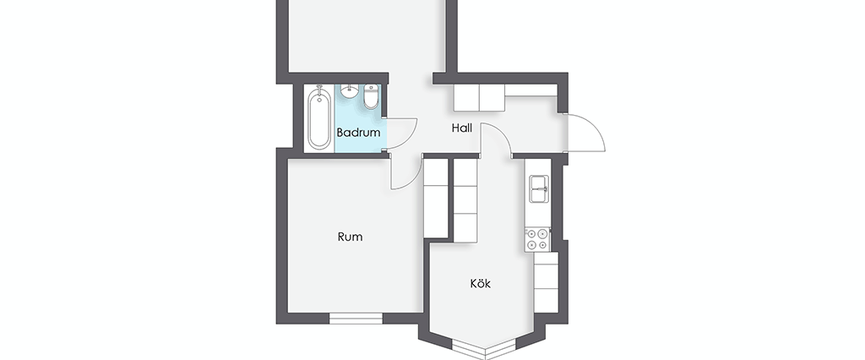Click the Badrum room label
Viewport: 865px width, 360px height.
[x=358, y=133]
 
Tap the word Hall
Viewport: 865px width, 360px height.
[x=462, y=128]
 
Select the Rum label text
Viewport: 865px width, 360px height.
[x=350, y=237]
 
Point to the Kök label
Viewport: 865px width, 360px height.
[x=480, y=283]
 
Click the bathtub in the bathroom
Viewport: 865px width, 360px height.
[x=319, y=117]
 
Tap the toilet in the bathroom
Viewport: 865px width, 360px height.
[x=372, y=96]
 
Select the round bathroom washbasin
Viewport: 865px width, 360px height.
[x=349, y=91]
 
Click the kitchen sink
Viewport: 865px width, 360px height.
[x=538, y=188]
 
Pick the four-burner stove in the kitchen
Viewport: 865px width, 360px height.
[x=537, y=239]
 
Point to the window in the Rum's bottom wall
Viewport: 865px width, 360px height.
[x=356, y=318]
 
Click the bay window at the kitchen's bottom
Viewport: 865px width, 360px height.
[x=483, y=350]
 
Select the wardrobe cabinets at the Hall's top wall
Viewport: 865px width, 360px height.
[x=479, y=98]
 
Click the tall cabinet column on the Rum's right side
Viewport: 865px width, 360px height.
[x=435, y=199]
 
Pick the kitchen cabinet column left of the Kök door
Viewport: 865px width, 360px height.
[x=465, y=200]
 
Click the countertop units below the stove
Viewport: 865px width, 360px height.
[x=547, y=282]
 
